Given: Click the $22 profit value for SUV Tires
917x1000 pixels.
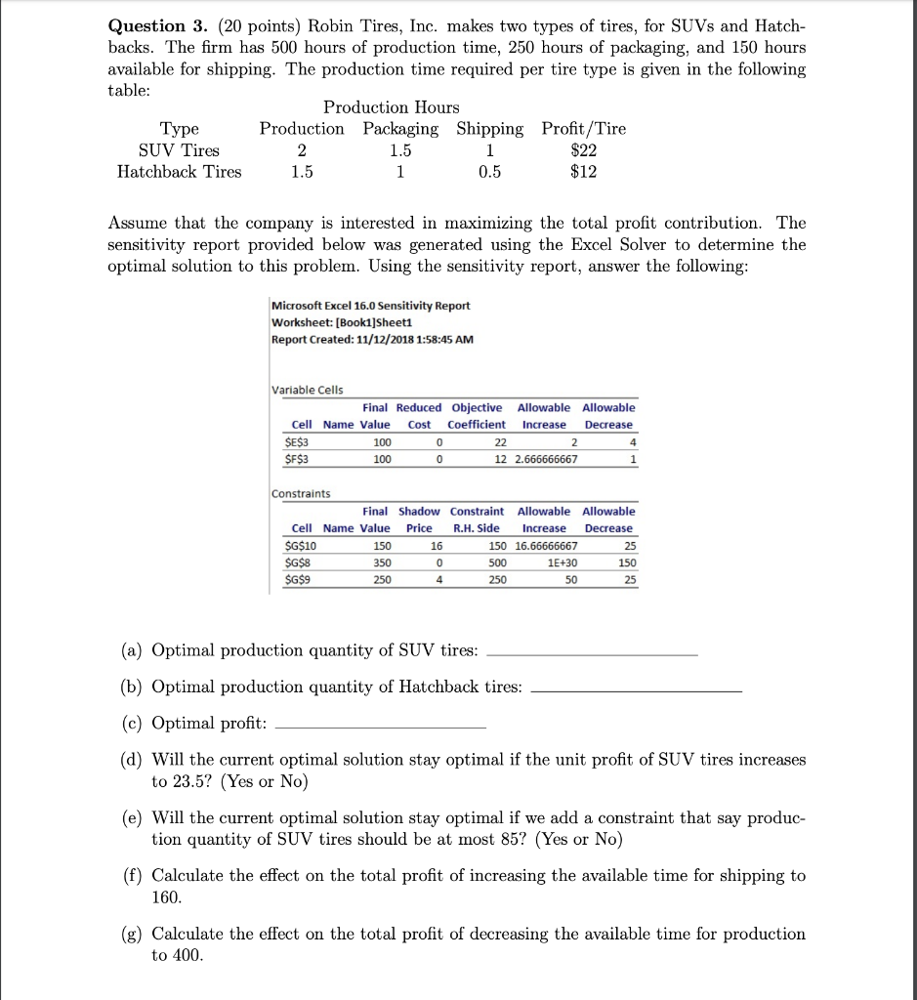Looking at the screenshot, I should (583, 150).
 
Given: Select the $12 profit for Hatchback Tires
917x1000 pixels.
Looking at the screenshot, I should (583, 172).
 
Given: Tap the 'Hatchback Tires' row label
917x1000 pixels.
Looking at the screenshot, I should (179, 172).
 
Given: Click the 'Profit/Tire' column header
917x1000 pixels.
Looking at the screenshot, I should (583, 129).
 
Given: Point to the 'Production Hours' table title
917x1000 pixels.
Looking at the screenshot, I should (391, 107).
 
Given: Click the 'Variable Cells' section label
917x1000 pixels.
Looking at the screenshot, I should (307, 390).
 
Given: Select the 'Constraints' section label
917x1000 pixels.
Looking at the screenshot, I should (301, 493).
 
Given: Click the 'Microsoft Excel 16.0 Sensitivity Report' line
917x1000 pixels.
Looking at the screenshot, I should (370, 306).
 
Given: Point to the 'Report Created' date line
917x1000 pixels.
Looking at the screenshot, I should (373, 338).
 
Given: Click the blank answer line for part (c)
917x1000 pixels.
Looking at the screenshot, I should (381, 728).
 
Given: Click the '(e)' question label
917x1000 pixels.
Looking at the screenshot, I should (131, 817).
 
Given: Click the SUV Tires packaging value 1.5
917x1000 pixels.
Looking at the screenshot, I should (400, 150).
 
